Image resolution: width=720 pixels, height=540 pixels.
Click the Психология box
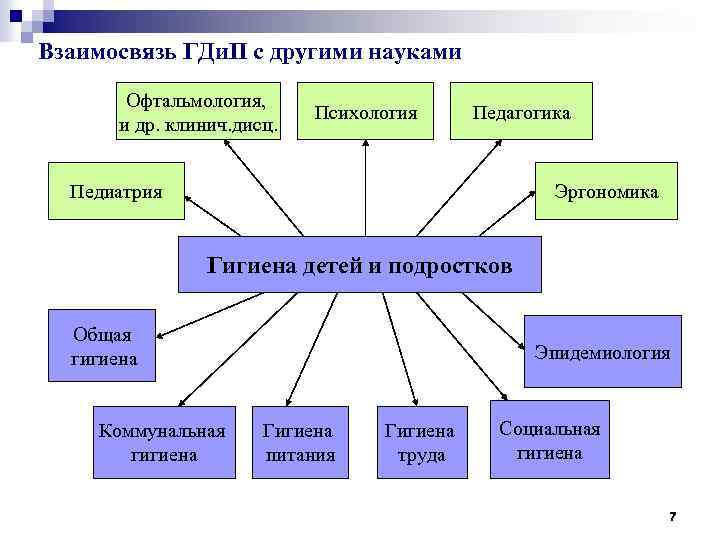click(x=365, y=112)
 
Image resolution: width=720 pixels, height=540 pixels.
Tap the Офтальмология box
click(x=198, y=111)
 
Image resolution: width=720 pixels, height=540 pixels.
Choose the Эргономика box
click(x=606, y=190)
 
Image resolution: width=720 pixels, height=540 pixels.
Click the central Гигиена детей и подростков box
click(x=359, y=265)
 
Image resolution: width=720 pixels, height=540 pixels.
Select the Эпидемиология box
click(x=602, y=352)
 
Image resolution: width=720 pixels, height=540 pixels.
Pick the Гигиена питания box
click(x=298, y=442)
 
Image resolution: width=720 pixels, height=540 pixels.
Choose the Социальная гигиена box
click(x=549, y=440)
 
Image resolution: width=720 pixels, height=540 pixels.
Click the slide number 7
click(x=672, y=516)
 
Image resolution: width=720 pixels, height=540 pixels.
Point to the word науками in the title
click(x=412, y=52)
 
